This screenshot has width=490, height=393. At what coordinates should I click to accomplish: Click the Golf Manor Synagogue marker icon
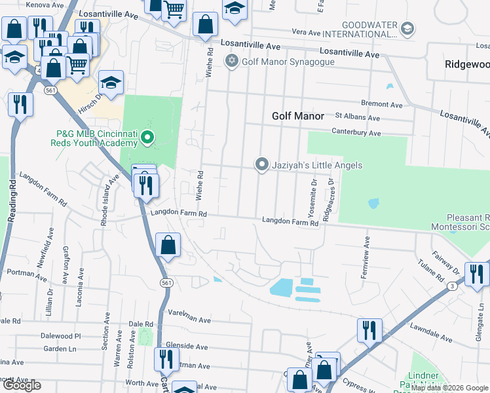coord(231,62)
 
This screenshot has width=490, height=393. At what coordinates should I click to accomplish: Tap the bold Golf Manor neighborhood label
coord(298,116)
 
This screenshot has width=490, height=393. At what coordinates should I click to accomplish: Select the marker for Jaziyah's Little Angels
coord(262,164)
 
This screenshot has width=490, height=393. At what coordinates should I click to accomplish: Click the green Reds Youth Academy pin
coord(147,138)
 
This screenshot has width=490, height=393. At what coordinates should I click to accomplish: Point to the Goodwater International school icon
coord(407,28)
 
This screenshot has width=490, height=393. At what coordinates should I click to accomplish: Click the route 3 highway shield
coord(451,286)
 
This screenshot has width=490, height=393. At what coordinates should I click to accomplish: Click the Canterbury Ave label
coord(356,133)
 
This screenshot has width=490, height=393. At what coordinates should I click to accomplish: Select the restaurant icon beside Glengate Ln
coord(476,273)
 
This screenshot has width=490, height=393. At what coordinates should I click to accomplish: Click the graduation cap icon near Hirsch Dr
coord(111,83)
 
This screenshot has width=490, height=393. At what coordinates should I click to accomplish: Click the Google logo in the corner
coord(21,385)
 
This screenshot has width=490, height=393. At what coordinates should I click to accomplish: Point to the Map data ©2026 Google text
coord(449,388)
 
